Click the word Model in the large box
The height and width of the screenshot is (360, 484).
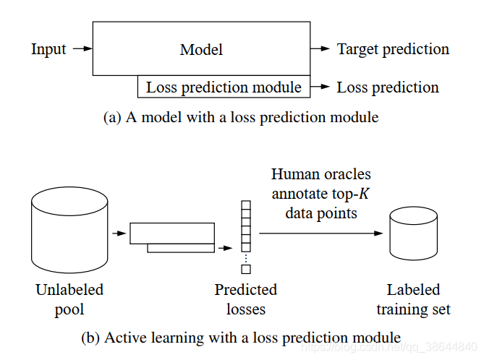click(x=201, y=50)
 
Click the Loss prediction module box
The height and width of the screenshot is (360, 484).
click(x=224, y=87)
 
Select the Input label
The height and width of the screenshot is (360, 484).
click(x=48, y=49)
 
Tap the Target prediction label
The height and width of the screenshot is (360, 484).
click(x=393, y=49)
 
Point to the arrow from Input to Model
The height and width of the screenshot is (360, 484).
click(x=84, y=49)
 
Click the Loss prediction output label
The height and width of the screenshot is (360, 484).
click(x=388, y=87)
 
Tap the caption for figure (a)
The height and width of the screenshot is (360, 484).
click(x=241, y=116)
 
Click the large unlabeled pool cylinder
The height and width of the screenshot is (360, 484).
click(x=69, y=224)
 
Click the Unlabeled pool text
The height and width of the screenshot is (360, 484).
click(x=69, y=299)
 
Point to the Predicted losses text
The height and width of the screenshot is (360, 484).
click(x=246, y=299)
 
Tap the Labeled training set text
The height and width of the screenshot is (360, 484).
click(x=413, y=299)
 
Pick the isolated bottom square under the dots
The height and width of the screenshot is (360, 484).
click(x=246, y=270)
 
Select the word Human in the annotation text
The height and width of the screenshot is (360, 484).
click(x=292, y=174)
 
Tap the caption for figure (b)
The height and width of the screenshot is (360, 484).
click(x=241, y=337)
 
